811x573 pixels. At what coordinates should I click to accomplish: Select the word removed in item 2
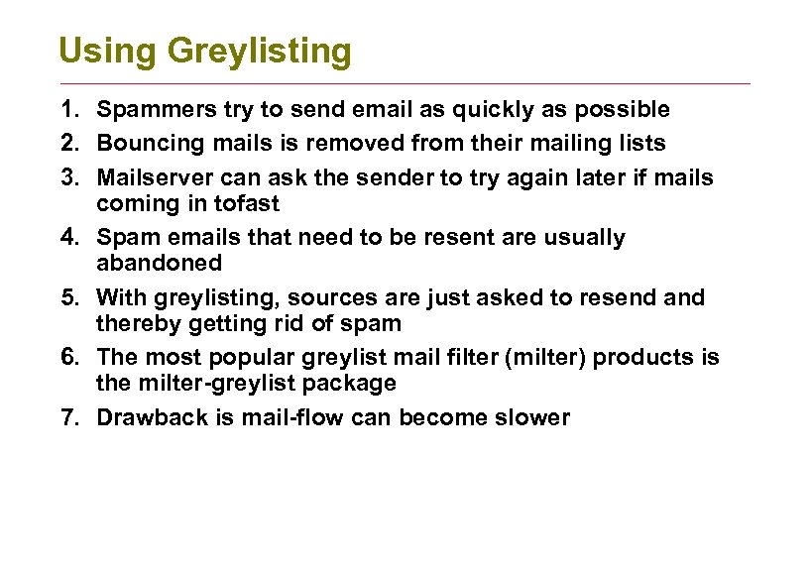350,143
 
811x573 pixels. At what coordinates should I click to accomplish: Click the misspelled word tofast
247,203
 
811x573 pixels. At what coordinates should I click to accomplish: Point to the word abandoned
159,263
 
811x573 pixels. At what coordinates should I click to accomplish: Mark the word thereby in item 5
134,323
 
